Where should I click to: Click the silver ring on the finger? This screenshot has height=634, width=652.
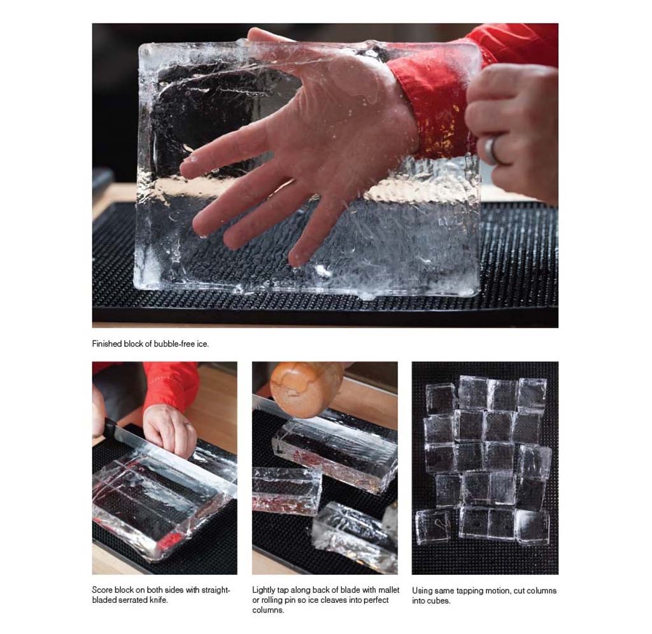pyautogui.click(x=492, y=150)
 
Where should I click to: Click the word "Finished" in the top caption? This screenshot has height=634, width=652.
pyautogui.click(x=107, y=344)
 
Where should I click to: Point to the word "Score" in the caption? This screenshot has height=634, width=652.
pyautogui.click(x=102, y=590)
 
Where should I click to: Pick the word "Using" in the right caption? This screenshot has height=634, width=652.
pyautogui.click(x=422, y=591)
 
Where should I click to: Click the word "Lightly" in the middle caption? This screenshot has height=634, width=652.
pyautogui.click(x=264, y=590)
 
